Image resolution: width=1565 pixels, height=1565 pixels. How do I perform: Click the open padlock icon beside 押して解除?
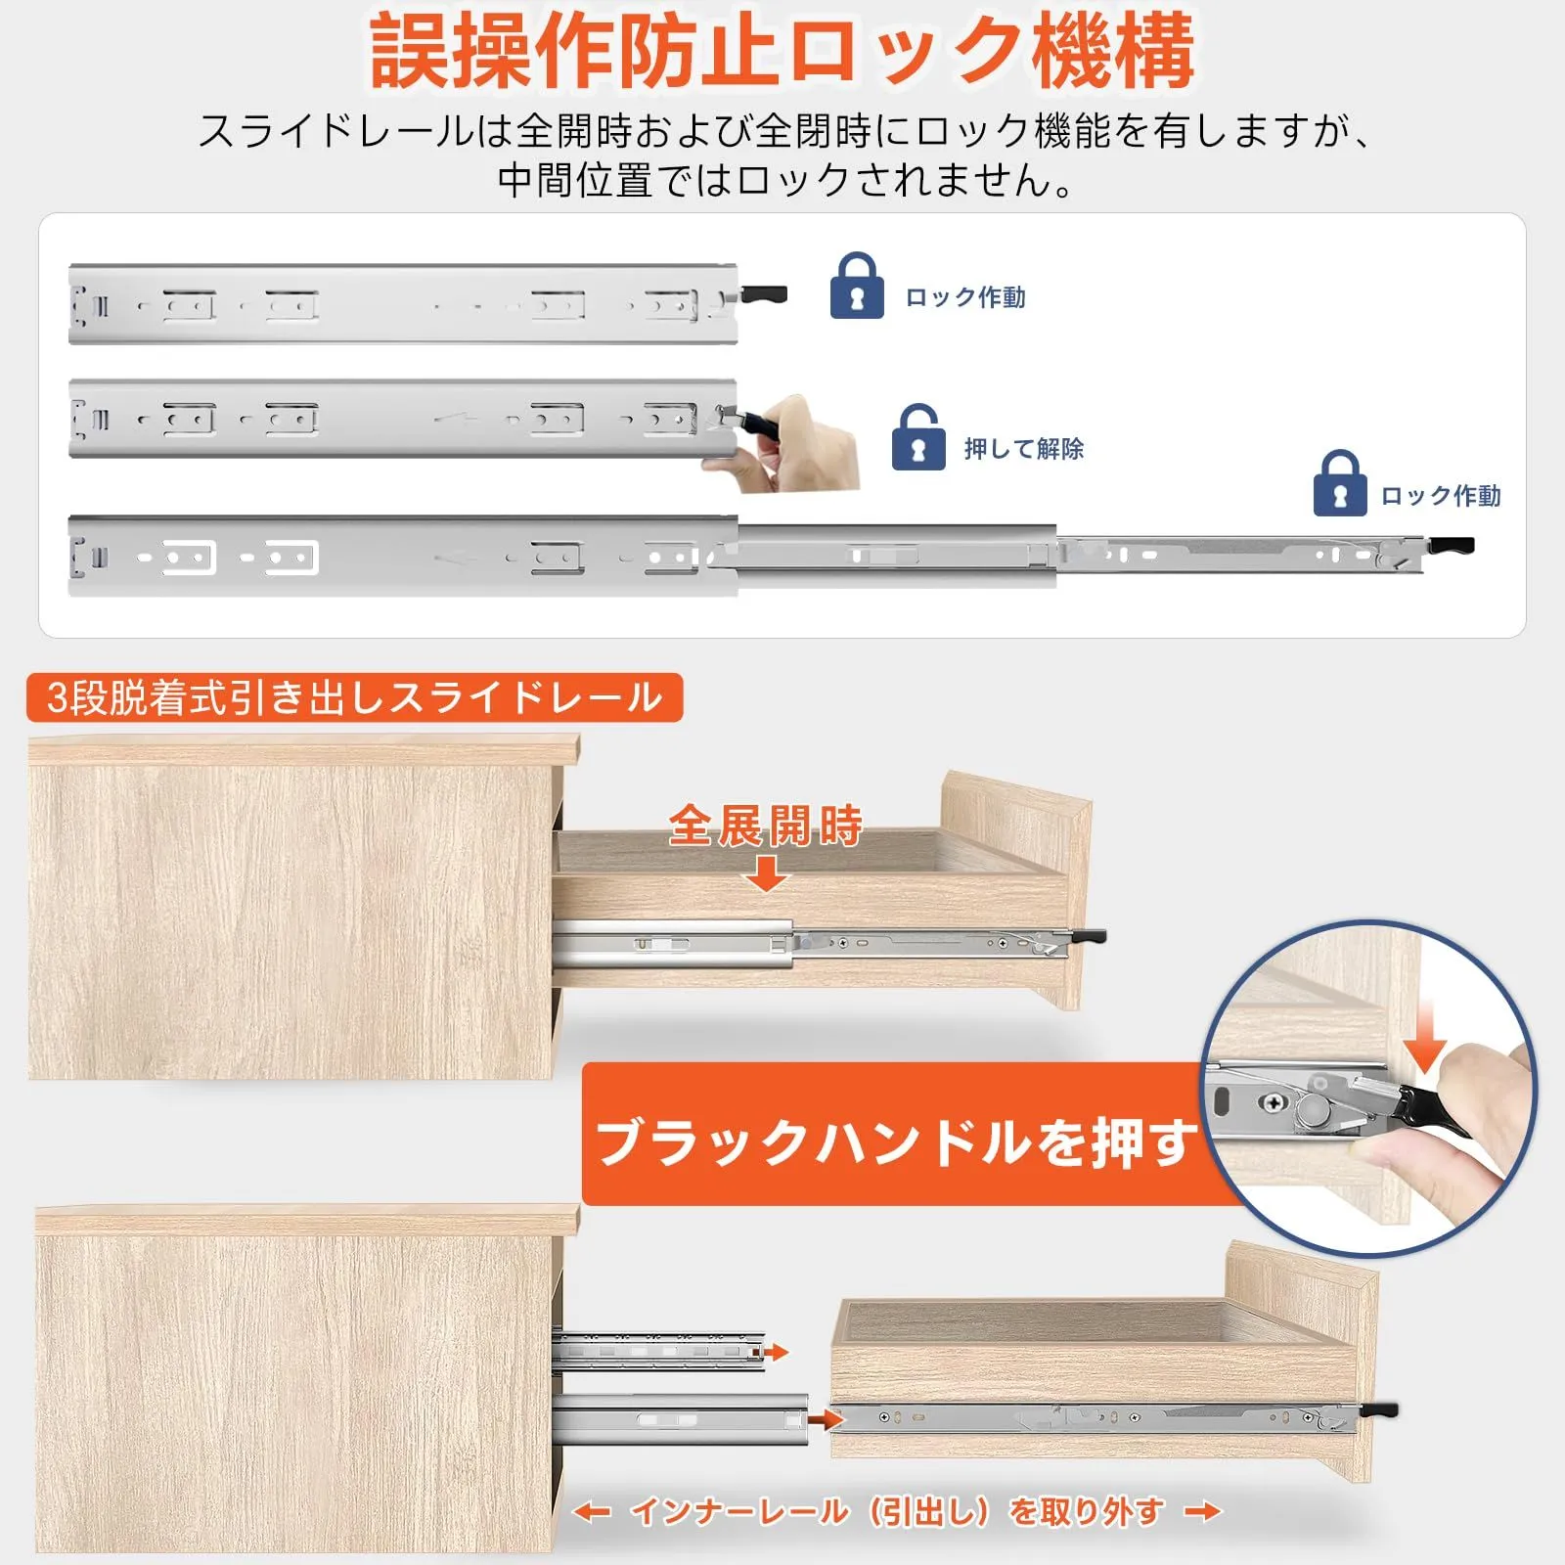coord(918,437)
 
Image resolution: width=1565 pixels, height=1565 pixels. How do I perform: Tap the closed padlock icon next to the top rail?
coord(857,286)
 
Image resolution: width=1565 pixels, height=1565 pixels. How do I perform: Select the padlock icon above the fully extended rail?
coord(1340,483)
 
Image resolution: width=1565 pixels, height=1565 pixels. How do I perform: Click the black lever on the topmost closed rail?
coord(764,293)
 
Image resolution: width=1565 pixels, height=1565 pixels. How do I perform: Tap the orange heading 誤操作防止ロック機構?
coord(782,51)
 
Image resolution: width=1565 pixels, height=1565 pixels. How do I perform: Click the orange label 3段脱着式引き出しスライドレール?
coord(354,698)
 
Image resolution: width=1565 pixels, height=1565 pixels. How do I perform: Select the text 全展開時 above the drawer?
coord(766,826)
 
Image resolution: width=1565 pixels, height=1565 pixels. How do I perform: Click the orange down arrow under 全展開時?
coord(767,872)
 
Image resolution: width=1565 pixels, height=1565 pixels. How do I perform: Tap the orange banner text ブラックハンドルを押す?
coord(896,1141)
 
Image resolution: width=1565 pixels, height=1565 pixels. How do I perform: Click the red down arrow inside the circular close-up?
coord(1424,1038)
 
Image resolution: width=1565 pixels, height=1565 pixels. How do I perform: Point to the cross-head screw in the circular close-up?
coord(1274,1103)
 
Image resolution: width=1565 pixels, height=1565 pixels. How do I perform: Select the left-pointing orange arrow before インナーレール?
coord(592,1512)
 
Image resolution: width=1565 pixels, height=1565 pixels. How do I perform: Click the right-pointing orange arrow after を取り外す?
coord(1203,1512)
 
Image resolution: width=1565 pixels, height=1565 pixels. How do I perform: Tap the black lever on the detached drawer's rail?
coord(1378,1410)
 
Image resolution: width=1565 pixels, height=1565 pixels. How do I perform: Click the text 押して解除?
coord(1024,449)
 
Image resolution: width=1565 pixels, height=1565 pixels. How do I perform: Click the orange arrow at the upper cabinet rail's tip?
coord(776,1353)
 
